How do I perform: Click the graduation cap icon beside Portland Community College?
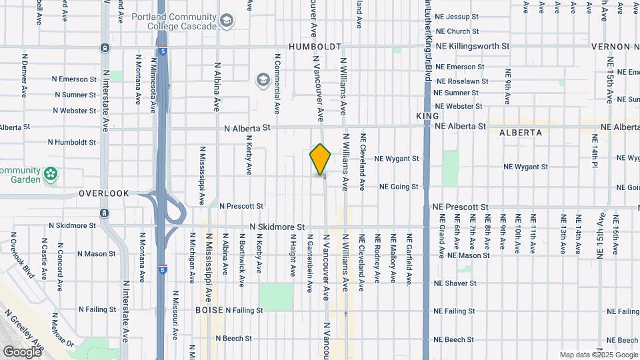coord(227,21)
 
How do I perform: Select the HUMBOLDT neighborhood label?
coord(315,47)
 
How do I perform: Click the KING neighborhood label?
coord(427,116)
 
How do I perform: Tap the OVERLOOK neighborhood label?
coord(103,193)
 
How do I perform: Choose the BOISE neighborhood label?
coord(209,310)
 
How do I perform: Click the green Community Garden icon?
coord(51,175)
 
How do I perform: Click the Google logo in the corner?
coord(22,351)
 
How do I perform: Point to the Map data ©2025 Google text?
coord(599,355)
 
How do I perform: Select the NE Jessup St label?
coord(457,16)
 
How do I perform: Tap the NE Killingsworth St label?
coord(472,47)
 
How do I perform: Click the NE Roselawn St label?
coord(461,81)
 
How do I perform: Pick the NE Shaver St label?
coord(455,283)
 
